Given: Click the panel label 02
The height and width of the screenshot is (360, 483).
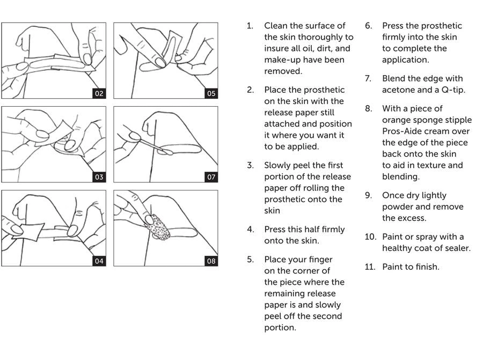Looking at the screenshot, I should click(99, 93).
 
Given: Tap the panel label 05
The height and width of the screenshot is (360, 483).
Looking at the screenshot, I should click(211, 93).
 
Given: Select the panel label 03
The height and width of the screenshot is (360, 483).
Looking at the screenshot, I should click(99, 177).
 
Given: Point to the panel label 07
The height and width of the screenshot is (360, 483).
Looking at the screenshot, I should click(211, 177).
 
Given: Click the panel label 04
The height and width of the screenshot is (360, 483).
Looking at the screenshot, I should click(99, 261).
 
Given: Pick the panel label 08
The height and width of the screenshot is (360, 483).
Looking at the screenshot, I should click(211, 261).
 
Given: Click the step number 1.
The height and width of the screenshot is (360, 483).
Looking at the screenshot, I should click(250, 26).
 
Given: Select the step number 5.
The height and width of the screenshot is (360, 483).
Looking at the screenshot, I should click(250, 260).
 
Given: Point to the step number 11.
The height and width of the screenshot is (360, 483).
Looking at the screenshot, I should click(370, 267).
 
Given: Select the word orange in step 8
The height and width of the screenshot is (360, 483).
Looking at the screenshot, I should click(397, 120).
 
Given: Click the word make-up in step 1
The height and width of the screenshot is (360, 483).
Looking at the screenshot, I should click(283, 60).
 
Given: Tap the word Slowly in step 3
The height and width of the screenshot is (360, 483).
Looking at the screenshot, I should click(279, 165).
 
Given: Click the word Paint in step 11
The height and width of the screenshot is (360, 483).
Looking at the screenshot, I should click(393, 267).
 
